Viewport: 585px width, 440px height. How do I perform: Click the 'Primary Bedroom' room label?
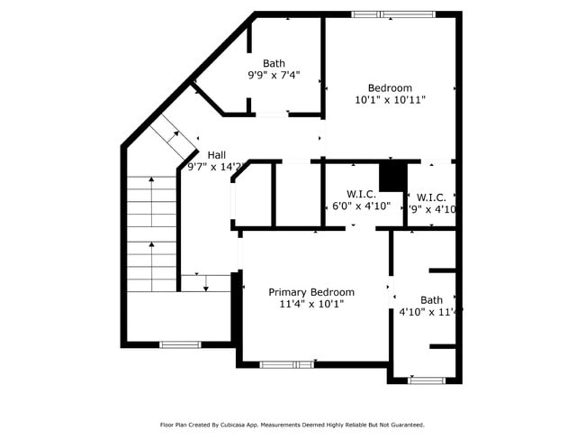click(x=310, y=292)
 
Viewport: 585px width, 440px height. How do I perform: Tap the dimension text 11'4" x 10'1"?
click(x=310, y=305)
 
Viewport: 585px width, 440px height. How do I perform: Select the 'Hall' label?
click(x=217, y=154)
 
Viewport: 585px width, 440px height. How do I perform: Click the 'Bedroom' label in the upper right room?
click(x=390, y=87)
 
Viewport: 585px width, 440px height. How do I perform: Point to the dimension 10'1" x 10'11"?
click(x=390, y=100)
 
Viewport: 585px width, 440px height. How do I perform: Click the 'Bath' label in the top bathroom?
click(x=274, y=63)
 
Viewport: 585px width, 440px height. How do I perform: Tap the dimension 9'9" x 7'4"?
click(x=274, y=76)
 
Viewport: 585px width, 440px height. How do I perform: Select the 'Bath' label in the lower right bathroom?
click(x=431, y=300)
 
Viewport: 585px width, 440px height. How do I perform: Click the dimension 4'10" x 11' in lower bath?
click(x=430, y=313)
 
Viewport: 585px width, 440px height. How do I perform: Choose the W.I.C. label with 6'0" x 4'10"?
click(x=361, y=193)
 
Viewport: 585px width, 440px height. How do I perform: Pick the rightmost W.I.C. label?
click(x=431, y=197)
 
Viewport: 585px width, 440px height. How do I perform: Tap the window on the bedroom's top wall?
click(x=392, y=14)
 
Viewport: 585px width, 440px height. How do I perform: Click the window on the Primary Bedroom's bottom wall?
click(x=286, y=364)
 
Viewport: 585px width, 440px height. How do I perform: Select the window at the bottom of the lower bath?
click(x=426, y=380)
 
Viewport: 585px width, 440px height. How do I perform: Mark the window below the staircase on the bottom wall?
click(x=180, y=344)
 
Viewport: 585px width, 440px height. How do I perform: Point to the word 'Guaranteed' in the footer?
click(x=403, y=425)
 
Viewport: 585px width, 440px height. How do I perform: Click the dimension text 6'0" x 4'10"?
click(x=361, y=206)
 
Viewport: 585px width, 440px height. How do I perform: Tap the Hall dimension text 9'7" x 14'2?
click(x=215, y=167)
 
